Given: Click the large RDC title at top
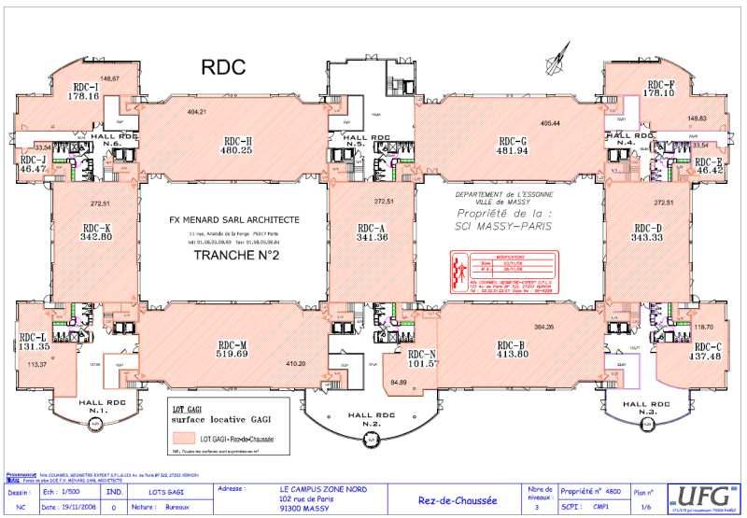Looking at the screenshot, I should pos(223,66).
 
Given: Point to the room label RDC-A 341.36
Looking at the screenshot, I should pos(372,232).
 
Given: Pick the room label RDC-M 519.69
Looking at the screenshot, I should pos(233,348).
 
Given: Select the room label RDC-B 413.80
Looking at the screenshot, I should pos(512,348).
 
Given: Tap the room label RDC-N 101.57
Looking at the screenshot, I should pos(417,358).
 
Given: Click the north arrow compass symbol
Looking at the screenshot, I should pos(559,58).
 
